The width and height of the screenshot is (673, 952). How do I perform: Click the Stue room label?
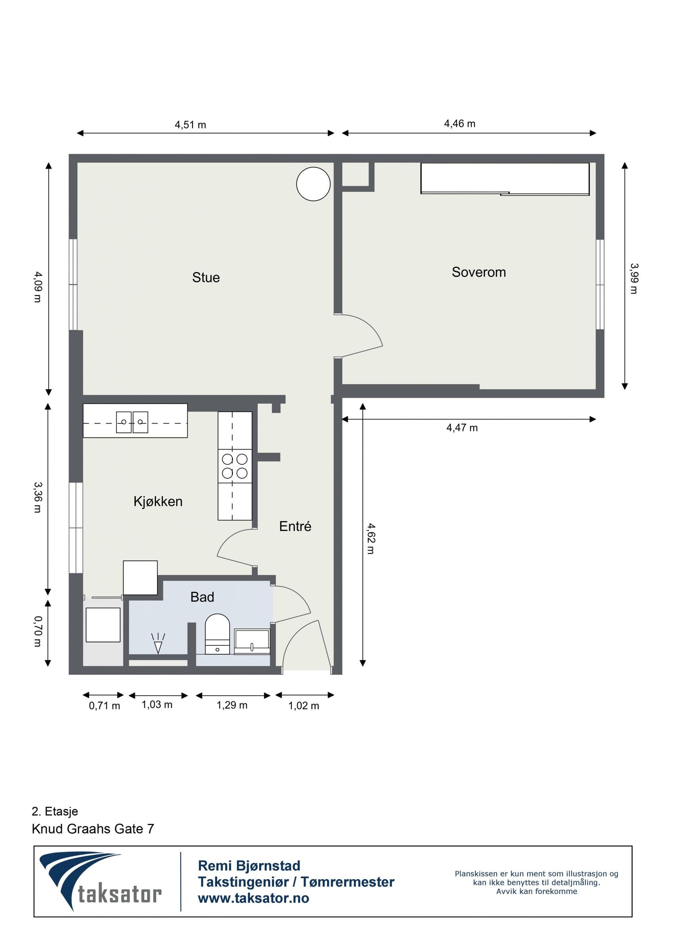click(x=206, y=277)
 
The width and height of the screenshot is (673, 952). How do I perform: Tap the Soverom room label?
click(x=479, y=272)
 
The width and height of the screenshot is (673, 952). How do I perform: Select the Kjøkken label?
click(x=158, y=502)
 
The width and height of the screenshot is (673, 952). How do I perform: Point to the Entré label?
click(x=295, y=526)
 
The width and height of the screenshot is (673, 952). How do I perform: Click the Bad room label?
click(x=202, y=597)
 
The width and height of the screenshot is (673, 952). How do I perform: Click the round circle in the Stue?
click(x=313, y=184)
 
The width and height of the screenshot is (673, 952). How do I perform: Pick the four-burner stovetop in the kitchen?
click(x=235, y=466)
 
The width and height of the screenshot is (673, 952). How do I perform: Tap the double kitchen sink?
click(x=132, y=422)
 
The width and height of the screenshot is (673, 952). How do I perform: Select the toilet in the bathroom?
click(x=217, y=634)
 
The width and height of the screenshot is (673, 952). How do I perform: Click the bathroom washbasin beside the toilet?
click(x=252, y=641)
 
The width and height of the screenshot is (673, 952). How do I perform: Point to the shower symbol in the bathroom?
click(x=158, y=643)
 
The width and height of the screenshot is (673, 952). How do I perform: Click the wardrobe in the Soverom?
click(x=505, y=179)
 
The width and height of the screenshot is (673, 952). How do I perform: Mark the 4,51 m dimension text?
click(x=190, y=125)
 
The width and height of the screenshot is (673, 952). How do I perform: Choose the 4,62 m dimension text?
click(x=371, y=539)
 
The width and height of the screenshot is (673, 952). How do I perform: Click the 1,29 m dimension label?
click(x=232, y=705)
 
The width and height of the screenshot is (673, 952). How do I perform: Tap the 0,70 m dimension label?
click(x=38, y=631)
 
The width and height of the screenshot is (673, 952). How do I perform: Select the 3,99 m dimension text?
click(x=634, y=278)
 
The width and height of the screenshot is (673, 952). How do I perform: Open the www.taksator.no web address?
click(x=253, y=898)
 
